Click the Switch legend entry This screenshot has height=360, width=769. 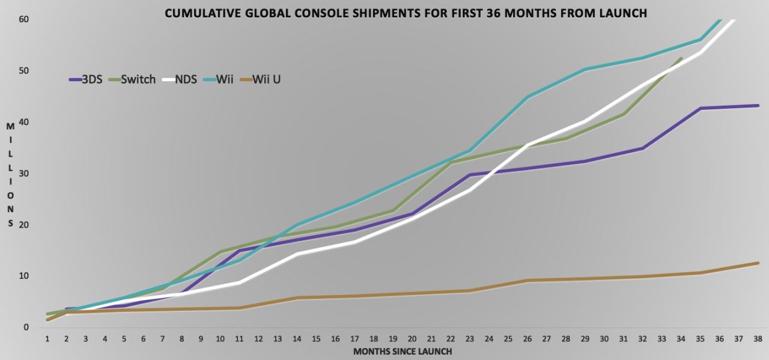point(133,79)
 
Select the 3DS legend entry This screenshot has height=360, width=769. point(86,79)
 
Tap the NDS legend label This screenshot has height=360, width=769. point(186,79)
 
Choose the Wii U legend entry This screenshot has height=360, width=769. point(260,79)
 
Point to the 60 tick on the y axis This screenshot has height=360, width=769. point(23,19)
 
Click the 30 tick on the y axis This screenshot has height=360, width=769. point(23,174)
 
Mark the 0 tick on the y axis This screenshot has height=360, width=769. point(26,328)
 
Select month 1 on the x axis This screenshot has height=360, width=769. point(47,339)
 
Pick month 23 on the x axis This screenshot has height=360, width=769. point(470,339)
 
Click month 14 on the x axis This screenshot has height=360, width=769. point(297,339)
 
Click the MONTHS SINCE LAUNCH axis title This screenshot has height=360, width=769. point(403,352)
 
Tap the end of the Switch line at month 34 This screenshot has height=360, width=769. point(681,58)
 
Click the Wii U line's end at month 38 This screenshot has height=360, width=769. point(758,263)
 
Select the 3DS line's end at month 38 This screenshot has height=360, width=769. point(758,105)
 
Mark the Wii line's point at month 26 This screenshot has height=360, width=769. point(527,97)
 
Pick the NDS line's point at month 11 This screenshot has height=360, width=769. point(239,282)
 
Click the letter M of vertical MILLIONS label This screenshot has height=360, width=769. point(10,126)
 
